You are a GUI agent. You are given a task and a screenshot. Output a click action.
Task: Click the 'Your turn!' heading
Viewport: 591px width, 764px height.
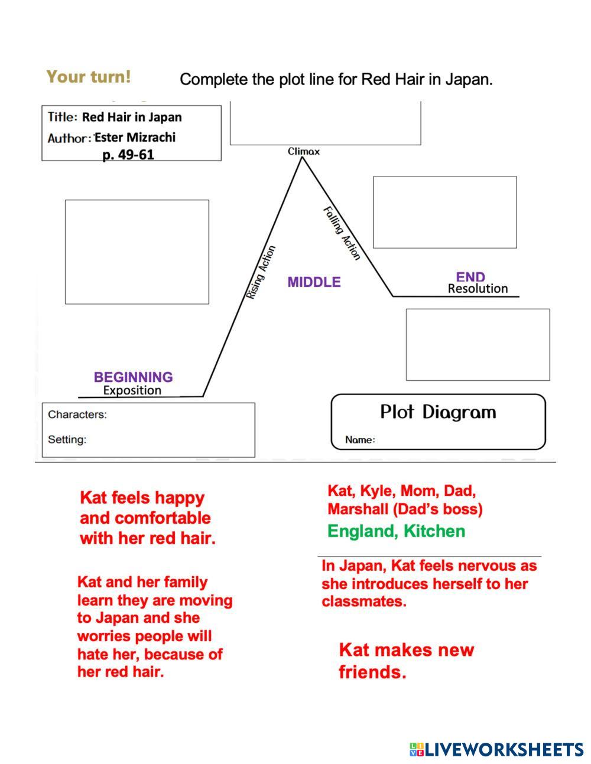point(89,77)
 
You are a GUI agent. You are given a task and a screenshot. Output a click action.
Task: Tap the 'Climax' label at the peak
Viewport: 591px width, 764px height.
point(304,152)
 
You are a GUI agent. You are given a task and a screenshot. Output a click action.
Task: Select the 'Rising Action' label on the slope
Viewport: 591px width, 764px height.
point(261,272)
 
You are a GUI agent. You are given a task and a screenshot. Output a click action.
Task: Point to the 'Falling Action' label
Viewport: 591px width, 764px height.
point(342,233)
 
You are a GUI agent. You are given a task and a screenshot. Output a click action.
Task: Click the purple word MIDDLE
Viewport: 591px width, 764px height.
point(314,282)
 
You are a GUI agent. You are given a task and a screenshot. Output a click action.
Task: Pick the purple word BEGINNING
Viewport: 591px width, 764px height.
point(133,377)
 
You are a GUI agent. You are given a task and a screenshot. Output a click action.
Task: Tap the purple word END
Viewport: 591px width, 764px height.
point(470,277)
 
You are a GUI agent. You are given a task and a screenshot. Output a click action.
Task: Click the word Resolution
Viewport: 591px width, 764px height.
point(478,289)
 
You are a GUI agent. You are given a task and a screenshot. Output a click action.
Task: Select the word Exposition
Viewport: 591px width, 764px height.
point(132,390)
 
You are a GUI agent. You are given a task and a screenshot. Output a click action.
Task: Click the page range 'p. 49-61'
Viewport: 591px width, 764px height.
point(128,155)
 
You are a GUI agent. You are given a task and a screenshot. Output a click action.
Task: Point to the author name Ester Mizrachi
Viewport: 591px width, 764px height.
point(135,138)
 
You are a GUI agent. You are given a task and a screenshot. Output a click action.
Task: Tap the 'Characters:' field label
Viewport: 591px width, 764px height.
point(77,414)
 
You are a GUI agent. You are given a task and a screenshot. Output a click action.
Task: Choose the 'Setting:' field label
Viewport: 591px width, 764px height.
point(67,439)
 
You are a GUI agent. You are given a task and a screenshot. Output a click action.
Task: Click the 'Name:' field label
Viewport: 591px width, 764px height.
point(360,440)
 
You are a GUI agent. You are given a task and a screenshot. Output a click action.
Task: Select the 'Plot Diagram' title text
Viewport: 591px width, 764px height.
point(438,412)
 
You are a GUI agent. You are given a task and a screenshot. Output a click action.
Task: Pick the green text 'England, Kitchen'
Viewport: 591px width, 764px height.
point(396,531)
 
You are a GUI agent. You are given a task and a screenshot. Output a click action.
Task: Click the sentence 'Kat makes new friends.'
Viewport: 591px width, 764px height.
point(406,661)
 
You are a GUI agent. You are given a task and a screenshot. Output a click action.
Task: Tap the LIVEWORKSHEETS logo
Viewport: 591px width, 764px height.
point(496,750)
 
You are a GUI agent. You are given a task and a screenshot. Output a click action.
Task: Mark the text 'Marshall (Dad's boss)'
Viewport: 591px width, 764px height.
point(405,509)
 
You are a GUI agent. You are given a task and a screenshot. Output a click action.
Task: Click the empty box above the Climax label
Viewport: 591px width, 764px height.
point(325,122)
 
